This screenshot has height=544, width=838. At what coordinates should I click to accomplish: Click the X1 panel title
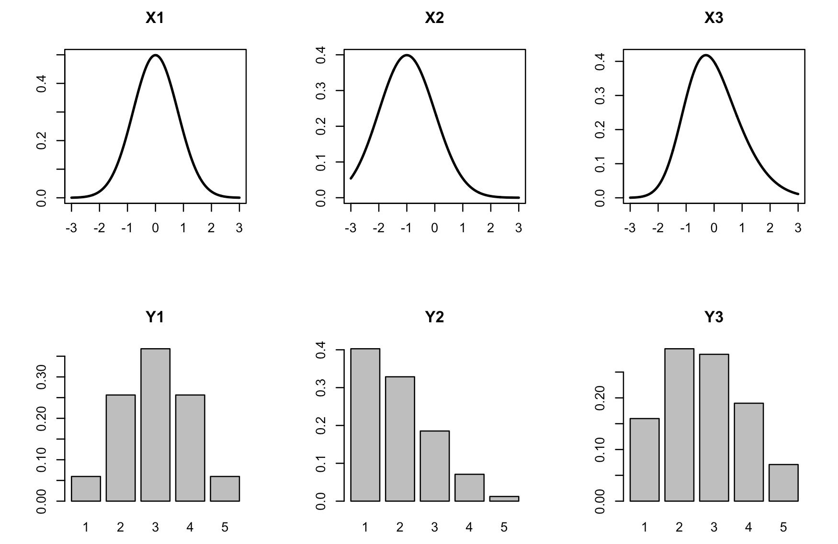point(155,18)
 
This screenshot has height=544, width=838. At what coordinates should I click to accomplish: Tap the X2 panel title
point(434,18)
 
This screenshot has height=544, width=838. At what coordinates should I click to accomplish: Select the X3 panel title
point(713,18)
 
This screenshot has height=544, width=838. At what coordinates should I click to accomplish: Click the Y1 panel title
point(155,317)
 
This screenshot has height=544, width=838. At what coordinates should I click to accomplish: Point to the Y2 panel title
point(434,317)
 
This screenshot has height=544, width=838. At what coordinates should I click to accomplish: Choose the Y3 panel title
point(713,317)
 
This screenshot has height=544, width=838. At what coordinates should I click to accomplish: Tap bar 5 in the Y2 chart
point(504,499)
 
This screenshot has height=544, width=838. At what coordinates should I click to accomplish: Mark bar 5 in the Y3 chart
point(783,483)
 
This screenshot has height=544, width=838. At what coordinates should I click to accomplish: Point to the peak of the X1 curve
point(155,55)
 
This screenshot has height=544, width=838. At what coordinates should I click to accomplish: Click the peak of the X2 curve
point(407,55)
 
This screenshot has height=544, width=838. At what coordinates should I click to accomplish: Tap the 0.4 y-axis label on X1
point(42,84)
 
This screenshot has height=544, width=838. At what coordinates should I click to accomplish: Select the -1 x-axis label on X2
point(406,228)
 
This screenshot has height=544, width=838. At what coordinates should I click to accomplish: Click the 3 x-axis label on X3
point(798,228)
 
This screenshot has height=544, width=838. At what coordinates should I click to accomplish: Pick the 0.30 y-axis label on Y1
point(42,377)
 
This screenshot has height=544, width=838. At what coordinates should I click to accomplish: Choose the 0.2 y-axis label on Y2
point(321,425)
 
